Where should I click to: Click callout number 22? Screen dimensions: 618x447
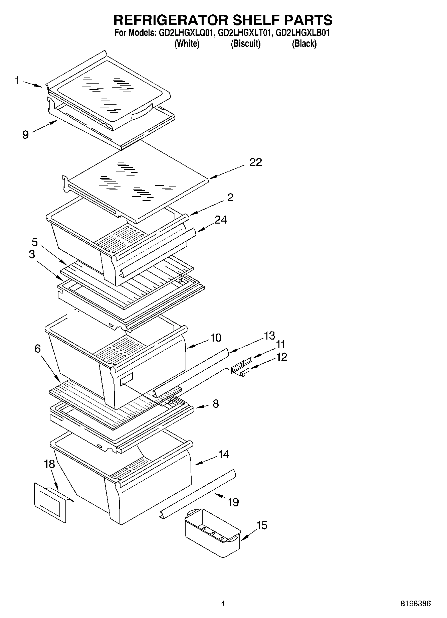coord(256,162)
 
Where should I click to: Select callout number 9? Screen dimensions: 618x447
coord(25,134)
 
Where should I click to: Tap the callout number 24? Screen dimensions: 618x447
coord(221,220)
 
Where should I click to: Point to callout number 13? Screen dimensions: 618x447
coord(269,336)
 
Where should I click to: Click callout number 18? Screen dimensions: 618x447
coord(49,464)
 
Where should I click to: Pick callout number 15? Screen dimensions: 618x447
coord(262,525)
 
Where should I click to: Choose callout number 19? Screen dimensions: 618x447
coord(233,502)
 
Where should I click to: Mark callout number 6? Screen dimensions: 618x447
coord(38,349)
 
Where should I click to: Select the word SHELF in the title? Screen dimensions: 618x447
coord(255,20)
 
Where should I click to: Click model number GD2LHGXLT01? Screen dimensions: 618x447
coord(245,33)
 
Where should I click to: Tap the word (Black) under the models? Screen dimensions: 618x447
coord(304,43)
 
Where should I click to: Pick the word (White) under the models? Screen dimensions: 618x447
coord(187,43)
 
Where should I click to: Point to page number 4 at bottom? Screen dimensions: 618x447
coord(223,603)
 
